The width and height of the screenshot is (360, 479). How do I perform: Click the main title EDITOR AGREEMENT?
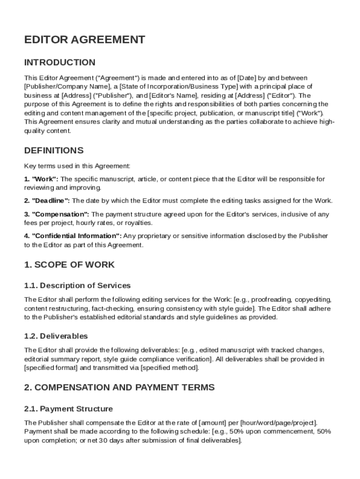pyautogui.click(x=85, y=40)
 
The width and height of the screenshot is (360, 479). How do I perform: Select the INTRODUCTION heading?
pyautogui.click(x=59, y=62)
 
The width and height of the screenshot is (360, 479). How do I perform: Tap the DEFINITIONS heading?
pyautogui.click(x=54, y=150)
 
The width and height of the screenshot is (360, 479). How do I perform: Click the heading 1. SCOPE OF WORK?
pyautogui.click(x=69, y=264)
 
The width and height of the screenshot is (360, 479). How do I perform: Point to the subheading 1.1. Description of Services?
pyautogui.click(x=77, y=285)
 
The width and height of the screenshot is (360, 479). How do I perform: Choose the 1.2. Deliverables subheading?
pyautogui.click(x=56, y=336)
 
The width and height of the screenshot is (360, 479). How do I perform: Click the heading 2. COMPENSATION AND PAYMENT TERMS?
pyautogui.click(x=119, y=387)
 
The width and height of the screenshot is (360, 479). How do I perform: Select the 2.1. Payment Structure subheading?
pyautogui.click(x=68, y=409)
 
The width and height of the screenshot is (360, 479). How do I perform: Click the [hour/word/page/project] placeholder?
pyautogui.click(x=279, y=422)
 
